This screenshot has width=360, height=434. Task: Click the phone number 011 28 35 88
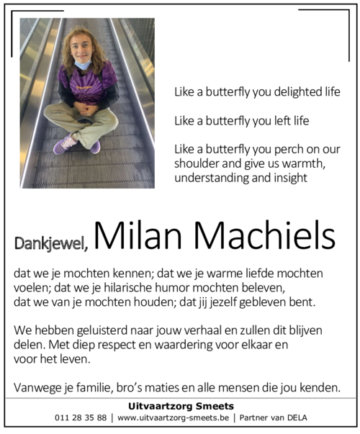click(80, 417)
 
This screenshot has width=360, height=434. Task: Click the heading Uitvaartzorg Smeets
click(180, 404)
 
